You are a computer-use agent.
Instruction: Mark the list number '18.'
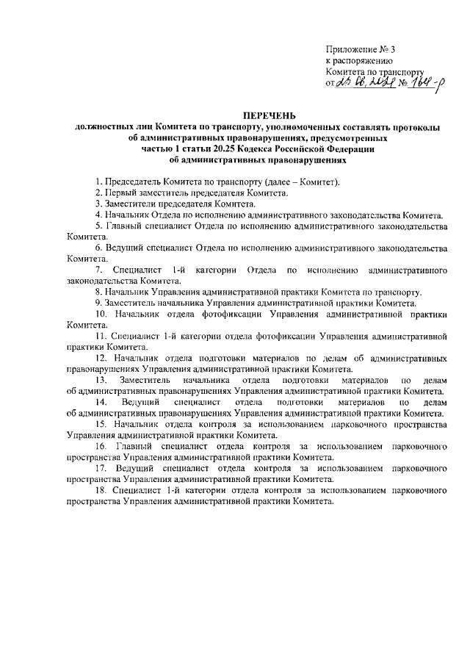pyautogui.click(x=101, y=490)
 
